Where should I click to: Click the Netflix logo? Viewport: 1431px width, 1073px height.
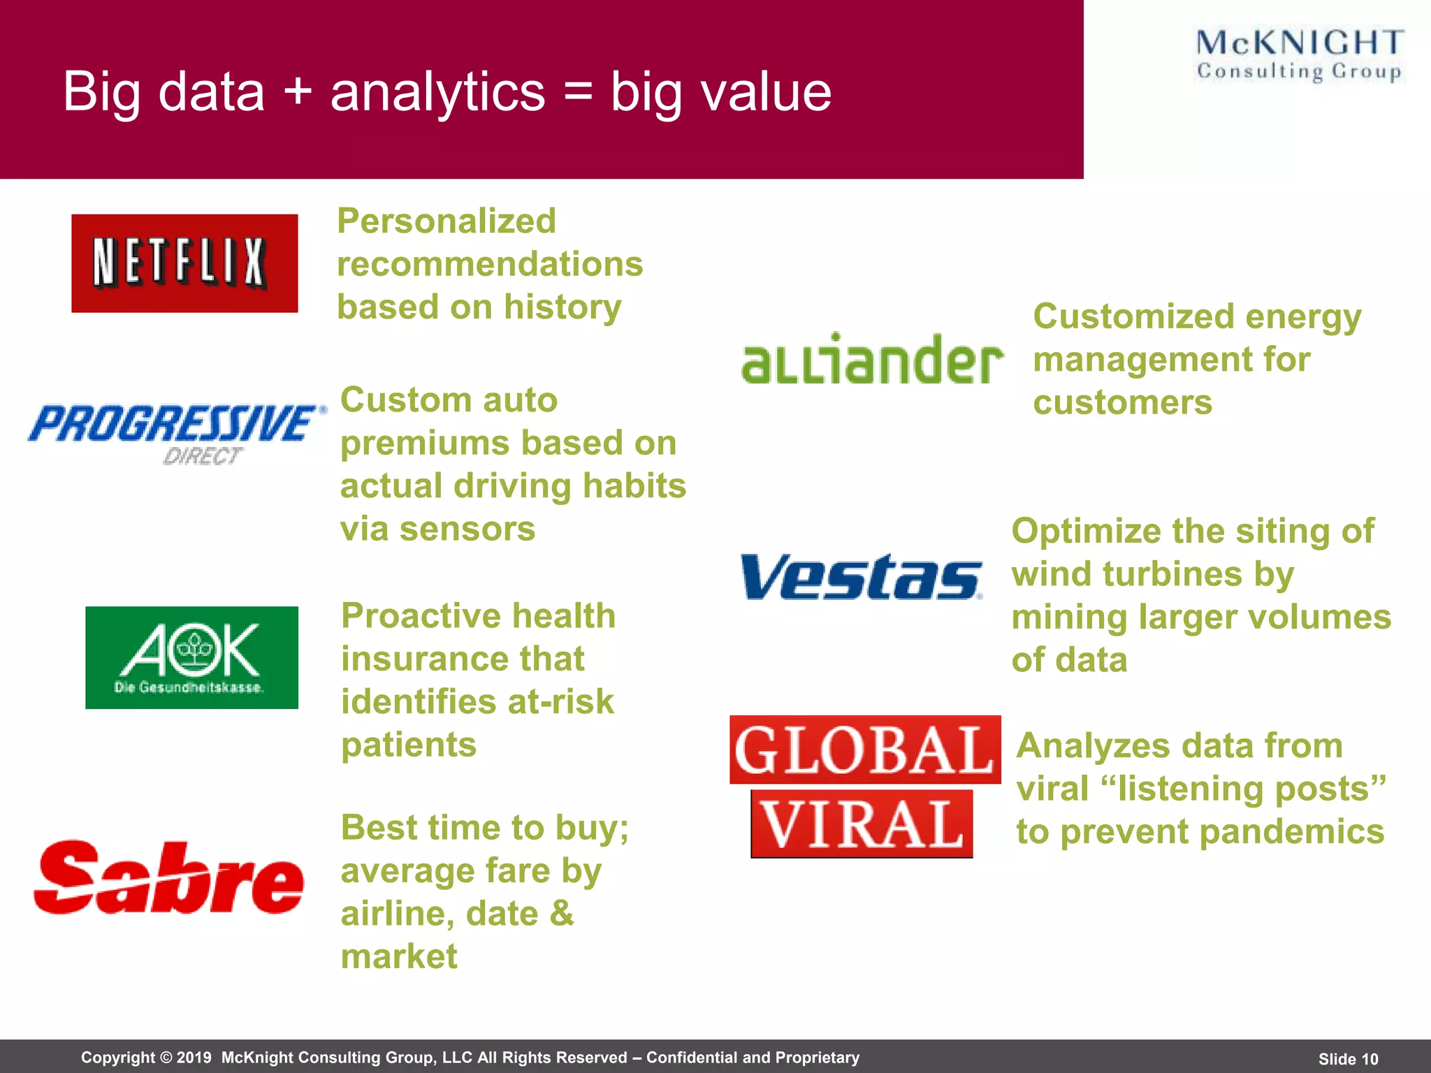184,263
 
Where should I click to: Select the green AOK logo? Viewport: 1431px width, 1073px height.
191,657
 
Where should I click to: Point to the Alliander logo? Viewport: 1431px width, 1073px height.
871,359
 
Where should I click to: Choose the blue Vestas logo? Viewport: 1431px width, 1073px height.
861,577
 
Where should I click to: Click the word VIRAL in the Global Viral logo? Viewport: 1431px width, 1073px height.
862,825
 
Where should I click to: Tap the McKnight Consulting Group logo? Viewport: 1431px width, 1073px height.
1299,55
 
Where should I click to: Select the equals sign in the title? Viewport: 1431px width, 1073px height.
577,93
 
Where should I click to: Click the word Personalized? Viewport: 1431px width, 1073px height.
446,221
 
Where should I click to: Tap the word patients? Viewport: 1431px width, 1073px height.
409,745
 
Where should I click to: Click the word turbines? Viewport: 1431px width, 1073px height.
1172,574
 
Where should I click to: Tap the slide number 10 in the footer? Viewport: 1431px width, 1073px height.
1369,1059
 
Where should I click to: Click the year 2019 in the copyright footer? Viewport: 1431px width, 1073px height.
194,1058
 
